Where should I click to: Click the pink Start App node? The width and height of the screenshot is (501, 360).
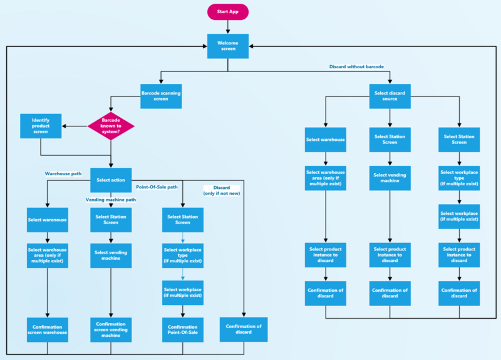[228, 12]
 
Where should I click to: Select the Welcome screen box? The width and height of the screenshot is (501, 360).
[228, 47]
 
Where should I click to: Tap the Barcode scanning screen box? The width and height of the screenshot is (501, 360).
[161, 96]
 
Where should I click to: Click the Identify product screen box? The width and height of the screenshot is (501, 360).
[41, 125]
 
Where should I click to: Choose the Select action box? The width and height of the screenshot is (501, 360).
[111, 180]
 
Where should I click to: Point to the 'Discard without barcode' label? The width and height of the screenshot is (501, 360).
[356, 66]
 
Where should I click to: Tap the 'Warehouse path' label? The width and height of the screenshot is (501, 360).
[63, 173]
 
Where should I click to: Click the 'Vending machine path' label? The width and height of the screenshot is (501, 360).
[110, 199]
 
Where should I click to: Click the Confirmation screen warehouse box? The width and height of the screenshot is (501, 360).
[48, 329]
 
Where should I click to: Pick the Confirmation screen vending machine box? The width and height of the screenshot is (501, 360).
[111, 329]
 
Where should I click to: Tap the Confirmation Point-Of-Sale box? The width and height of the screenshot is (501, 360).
[182, 329]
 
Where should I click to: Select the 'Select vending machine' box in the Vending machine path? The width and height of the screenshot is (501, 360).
[111, 256]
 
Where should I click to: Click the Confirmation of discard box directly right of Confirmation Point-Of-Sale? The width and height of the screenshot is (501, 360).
[244, 329]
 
